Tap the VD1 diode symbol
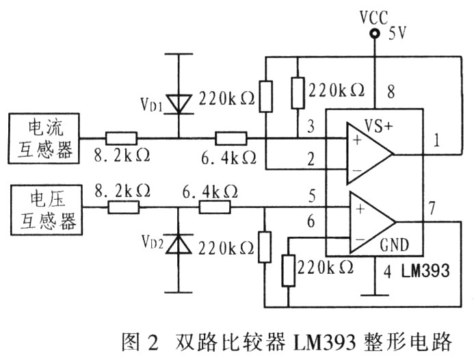[x=179, y=104]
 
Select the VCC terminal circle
[x=375, y=33]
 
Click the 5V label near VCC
[x=397, y=34]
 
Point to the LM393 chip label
[x=425, y=270]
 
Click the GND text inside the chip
[x=394, y=244]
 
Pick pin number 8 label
[x=391, y=91]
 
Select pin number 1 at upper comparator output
[x=436, y=140]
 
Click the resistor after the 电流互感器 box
[x=121, y=138]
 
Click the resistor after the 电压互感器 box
[x=124, y=207]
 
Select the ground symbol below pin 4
[x=375, y=294]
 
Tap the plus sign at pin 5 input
[x=360, y=209]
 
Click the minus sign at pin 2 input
[x=357, y=170]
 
